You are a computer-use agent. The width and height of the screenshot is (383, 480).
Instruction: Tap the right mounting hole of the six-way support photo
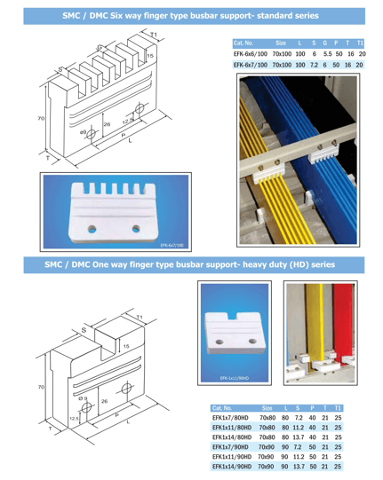coord(138,228)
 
